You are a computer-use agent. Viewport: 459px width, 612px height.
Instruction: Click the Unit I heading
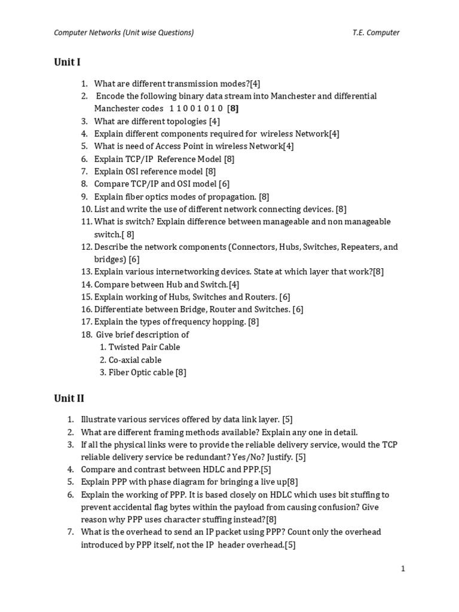pos(67,62)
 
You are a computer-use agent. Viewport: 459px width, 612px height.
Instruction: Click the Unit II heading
pos(69,399)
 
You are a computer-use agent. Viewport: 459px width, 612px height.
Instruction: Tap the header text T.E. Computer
pos(375,32)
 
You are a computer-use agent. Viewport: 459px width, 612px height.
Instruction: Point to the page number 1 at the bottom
pos(403,568)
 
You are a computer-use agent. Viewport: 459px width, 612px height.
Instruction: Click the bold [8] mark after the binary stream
pos(233,109)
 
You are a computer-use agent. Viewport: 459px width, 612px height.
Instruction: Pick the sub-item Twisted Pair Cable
pos(144,347)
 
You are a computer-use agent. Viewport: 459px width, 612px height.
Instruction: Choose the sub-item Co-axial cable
pos(135,360)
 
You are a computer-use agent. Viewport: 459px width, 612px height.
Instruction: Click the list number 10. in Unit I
pos(86,209)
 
